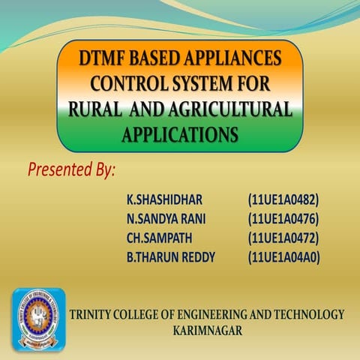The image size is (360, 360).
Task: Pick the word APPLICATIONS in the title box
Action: coord(180,134)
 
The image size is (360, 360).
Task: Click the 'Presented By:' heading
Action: coord(72,169)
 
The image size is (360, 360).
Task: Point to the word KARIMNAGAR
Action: coord(207,329)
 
